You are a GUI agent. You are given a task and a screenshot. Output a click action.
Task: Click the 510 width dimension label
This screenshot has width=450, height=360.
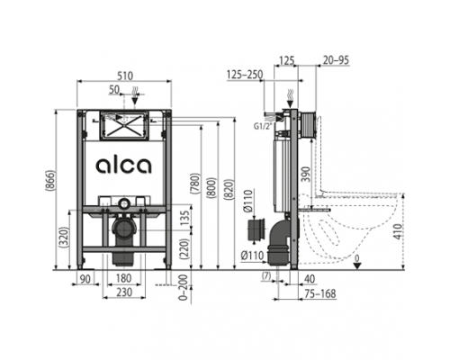125,76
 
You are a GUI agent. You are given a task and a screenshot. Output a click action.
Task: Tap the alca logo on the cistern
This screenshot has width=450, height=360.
123,166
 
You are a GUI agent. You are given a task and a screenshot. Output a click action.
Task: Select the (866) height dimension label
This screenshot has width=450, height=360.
50,180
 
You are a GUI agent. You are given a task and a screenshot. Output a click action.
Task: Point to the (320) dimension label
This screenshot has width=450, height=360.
65,238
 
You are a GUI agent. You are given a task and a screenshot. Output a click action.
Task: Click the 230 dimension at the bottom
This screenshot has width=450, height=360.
124,292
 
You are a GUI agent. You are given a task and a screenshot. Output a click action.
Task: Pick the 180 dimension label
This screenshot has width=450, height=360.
123,278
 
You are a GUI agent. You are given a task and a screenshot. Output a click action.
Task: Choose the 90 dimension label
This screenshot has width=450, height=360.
85,279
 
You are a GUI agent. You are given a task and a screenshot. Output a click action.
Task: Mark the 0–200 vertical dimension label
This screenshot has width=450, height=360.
183,287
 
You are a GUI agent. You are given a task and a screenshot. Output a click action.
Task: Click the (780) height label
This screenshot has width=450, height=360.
196,183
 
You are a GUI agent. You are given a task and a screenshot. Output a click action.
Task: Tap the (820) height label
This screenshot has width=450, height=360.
229,189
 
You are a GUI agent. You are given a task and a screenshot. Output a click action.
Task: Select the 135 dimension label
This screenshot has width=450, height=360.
185,218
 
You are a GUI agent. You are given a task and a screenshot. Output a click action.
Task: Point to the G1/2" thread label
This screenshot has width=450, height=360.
263,126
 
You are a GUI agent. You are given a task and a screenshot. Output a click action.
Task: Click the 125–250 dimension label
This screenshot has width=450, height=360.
245,75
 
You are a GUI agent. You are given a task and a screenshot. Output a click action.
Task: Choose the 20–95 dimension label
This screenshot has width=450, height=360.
337,60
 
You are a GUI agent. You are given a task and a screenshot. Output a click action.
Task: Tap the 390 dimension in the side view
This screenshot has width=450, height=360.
306,174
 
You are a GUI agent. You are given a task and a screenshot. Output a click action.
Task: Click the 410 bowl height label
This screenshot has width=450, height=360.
398,231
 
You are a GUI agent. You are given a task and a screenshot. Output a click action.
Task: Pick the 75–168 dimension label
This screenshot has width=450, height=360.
320,293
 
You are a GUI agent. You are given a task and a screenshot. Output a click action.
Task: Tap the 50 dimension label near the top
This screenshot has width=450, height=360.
114,89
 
